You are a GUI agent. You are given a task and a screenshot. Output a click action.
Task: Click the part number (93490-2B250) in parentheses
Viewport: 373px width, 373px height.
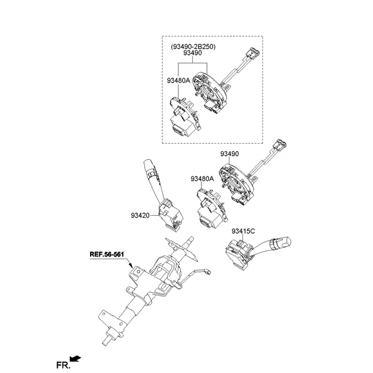[x=191, y=47]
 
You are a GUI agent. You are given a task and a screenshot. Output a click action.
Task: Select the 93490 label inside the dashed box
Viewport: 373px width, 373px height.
[x=191, y=55]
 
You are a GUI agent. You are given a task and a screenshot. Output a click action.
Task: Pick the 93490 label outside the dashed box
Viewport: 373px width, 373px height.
[x=229, y=154]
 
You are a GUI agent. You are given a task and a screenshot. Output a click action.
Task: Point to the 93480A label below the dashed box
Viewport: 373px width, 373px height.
[x=203, y=179]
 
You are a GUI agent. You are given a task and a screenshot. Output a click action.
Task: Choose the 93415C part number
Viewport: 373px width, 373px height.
[x=244, y=231]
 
